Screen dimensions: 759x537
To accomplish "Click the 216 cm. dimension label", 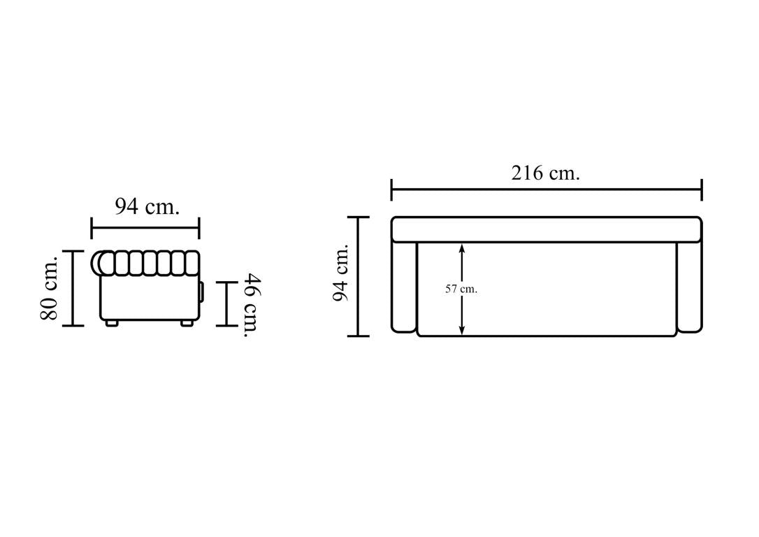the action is (546, 173).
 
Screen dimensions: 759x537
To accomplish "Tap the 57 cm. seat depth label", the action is (461, 289).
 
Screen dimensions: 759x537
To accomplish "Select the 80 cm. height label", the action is (50, 288).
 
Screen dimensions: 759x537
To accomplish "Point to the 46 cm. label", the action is (252, 305).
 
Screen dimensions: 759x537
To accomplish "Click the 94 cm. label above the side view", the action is (147, 207).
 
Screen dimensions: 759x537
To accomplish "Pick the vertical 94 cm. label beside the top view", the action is (341, 272).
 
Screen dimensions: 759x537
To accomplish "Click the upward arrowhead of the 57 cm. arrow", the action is (462, 248).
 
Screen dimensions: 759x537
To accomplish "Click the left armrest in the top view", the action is (404, 287).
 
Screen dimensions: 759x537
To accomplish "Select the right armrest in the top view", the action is (689, 287).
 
